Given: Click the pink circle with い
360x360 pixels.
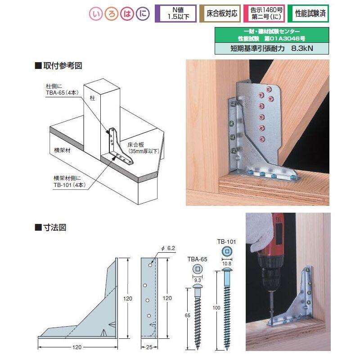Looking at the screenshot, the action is pos(95,14).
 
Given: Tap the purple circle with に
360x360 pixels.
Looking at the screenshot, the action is pos(143,14).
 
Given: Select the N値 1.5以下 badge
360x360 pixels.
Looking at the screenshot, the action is pos(175,14).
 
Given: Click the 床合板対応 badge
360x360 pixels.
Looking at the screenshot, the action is pos(220,14).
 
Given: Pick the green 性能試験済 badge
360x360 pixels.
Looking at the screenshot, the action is pos(308,14).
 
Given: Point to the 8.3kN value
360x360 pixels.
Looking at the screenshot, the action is pos(302,48).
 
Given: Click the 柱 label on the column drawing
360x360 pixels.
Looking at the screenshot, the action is pos(92,98).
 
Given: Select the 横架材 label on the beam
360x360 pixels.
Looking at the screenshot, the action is pos(62,150).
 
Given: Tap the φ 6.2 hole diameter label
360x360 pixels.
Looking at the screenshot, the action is pos(168,248).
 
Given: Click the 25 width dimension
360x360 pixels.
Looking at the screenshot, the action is pos(149,347).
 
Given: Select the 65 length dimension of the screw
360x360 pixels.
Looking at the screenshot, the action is pos(188,315).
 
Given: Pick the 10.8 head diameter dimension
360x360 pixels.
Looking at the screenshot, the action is pos(227,264).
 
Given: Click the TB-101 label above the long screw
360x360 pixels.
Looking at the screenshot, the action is pos(227,242).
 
